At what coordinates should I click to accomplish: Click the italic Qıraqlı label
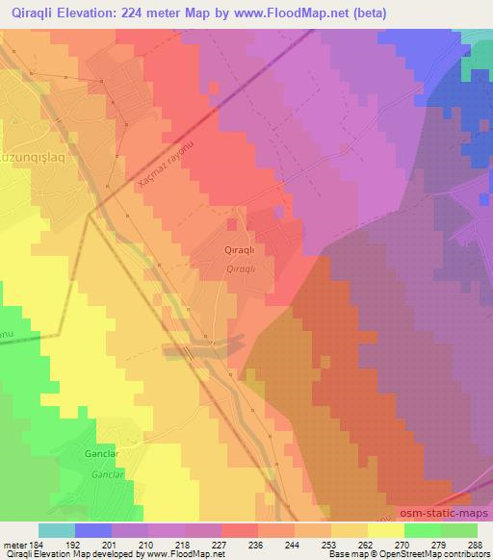[239, 268]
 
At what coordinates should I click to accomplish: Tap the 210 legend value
[147, 545]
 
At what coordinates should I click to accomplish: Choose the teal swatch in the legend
[57, 530]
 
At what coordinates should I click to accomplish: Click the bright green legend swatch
[422, 530]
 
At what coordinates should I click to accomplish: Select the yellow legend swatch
[385, 530]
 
